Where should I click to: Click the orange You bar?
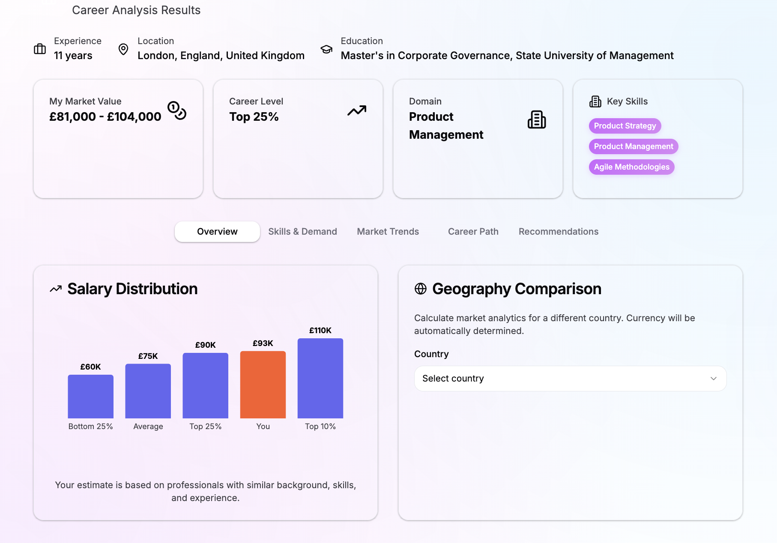(263, 384)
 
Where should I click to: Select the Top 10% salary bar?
(320, 378)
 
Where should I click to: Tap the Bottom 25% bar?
(90, 396)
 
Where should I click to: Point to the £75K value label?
(148, 356)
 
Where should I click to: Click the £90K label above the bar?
(205, 345)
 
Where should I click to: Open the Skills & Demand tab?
(302, 232)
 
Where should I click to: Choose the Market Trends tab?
(388, 232)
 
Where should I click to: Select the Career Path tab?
(473, 232)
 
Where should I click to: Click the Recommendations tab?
(558, 232)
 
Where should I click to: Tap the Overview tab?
(217, 232)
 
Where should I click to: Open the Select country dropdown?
(570, 379)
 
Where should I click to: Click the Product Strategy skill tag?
(625, 126)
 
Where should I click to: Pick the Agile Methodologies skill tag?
(631, 167)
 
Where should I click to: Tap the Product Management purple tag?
(633, 146)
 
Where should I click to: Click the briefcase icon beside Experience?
(40, 49)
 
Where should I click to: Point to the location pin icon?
(123, 49)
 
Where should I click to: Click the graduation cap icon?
(326, 49)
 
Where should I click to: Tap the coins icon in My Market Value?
(177, 110)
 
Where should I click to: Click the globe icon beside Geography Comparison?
(420, 289)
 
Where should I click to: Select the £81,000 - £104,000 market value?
(105, 116)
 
